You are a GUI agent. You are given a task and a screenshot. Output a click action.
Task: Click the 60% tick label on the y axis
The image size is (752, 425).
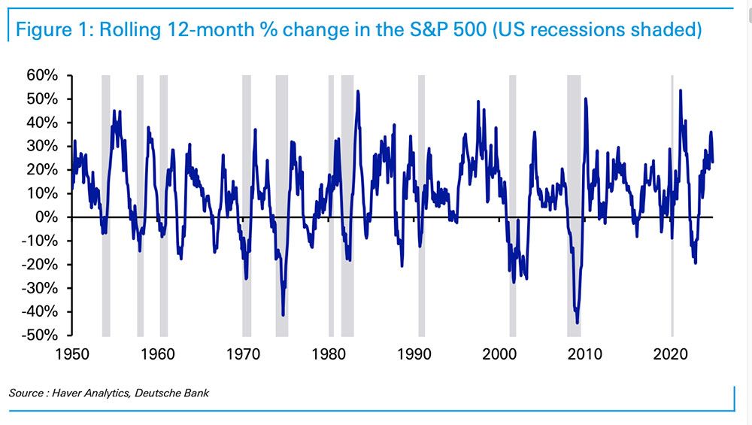(x=42, y=75)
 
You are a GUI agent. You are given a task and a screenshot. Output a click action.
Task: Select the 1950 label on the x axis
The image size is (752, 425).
(x=73, y=353)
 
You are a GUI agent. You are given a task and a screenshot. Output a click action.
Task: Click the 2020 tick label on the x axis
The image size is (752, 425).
(x=671, y=353)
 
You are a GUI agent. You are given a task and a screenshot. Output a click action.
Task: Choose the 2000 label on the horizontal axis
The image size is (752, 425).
(x=500, y=353)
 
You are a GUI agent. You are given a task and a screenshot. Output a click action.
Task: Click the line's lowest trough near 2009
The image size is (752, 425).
(x=577, y=323)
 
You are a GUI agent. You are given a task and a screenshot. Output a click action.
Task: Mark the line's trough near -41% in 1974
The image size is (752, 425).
(x=283, y=314)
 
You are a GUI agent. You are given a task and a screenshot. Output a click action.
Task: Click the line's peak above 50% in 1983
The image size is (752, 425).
(x=357, y=92)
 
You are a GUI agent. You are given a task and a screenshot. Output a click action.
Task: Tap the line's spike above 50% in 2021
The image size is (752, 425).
(x=681, y=91)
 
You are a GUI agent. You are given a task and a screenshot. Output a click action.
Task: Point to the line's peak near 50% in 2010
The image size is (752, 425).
(x=585, y=99)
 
